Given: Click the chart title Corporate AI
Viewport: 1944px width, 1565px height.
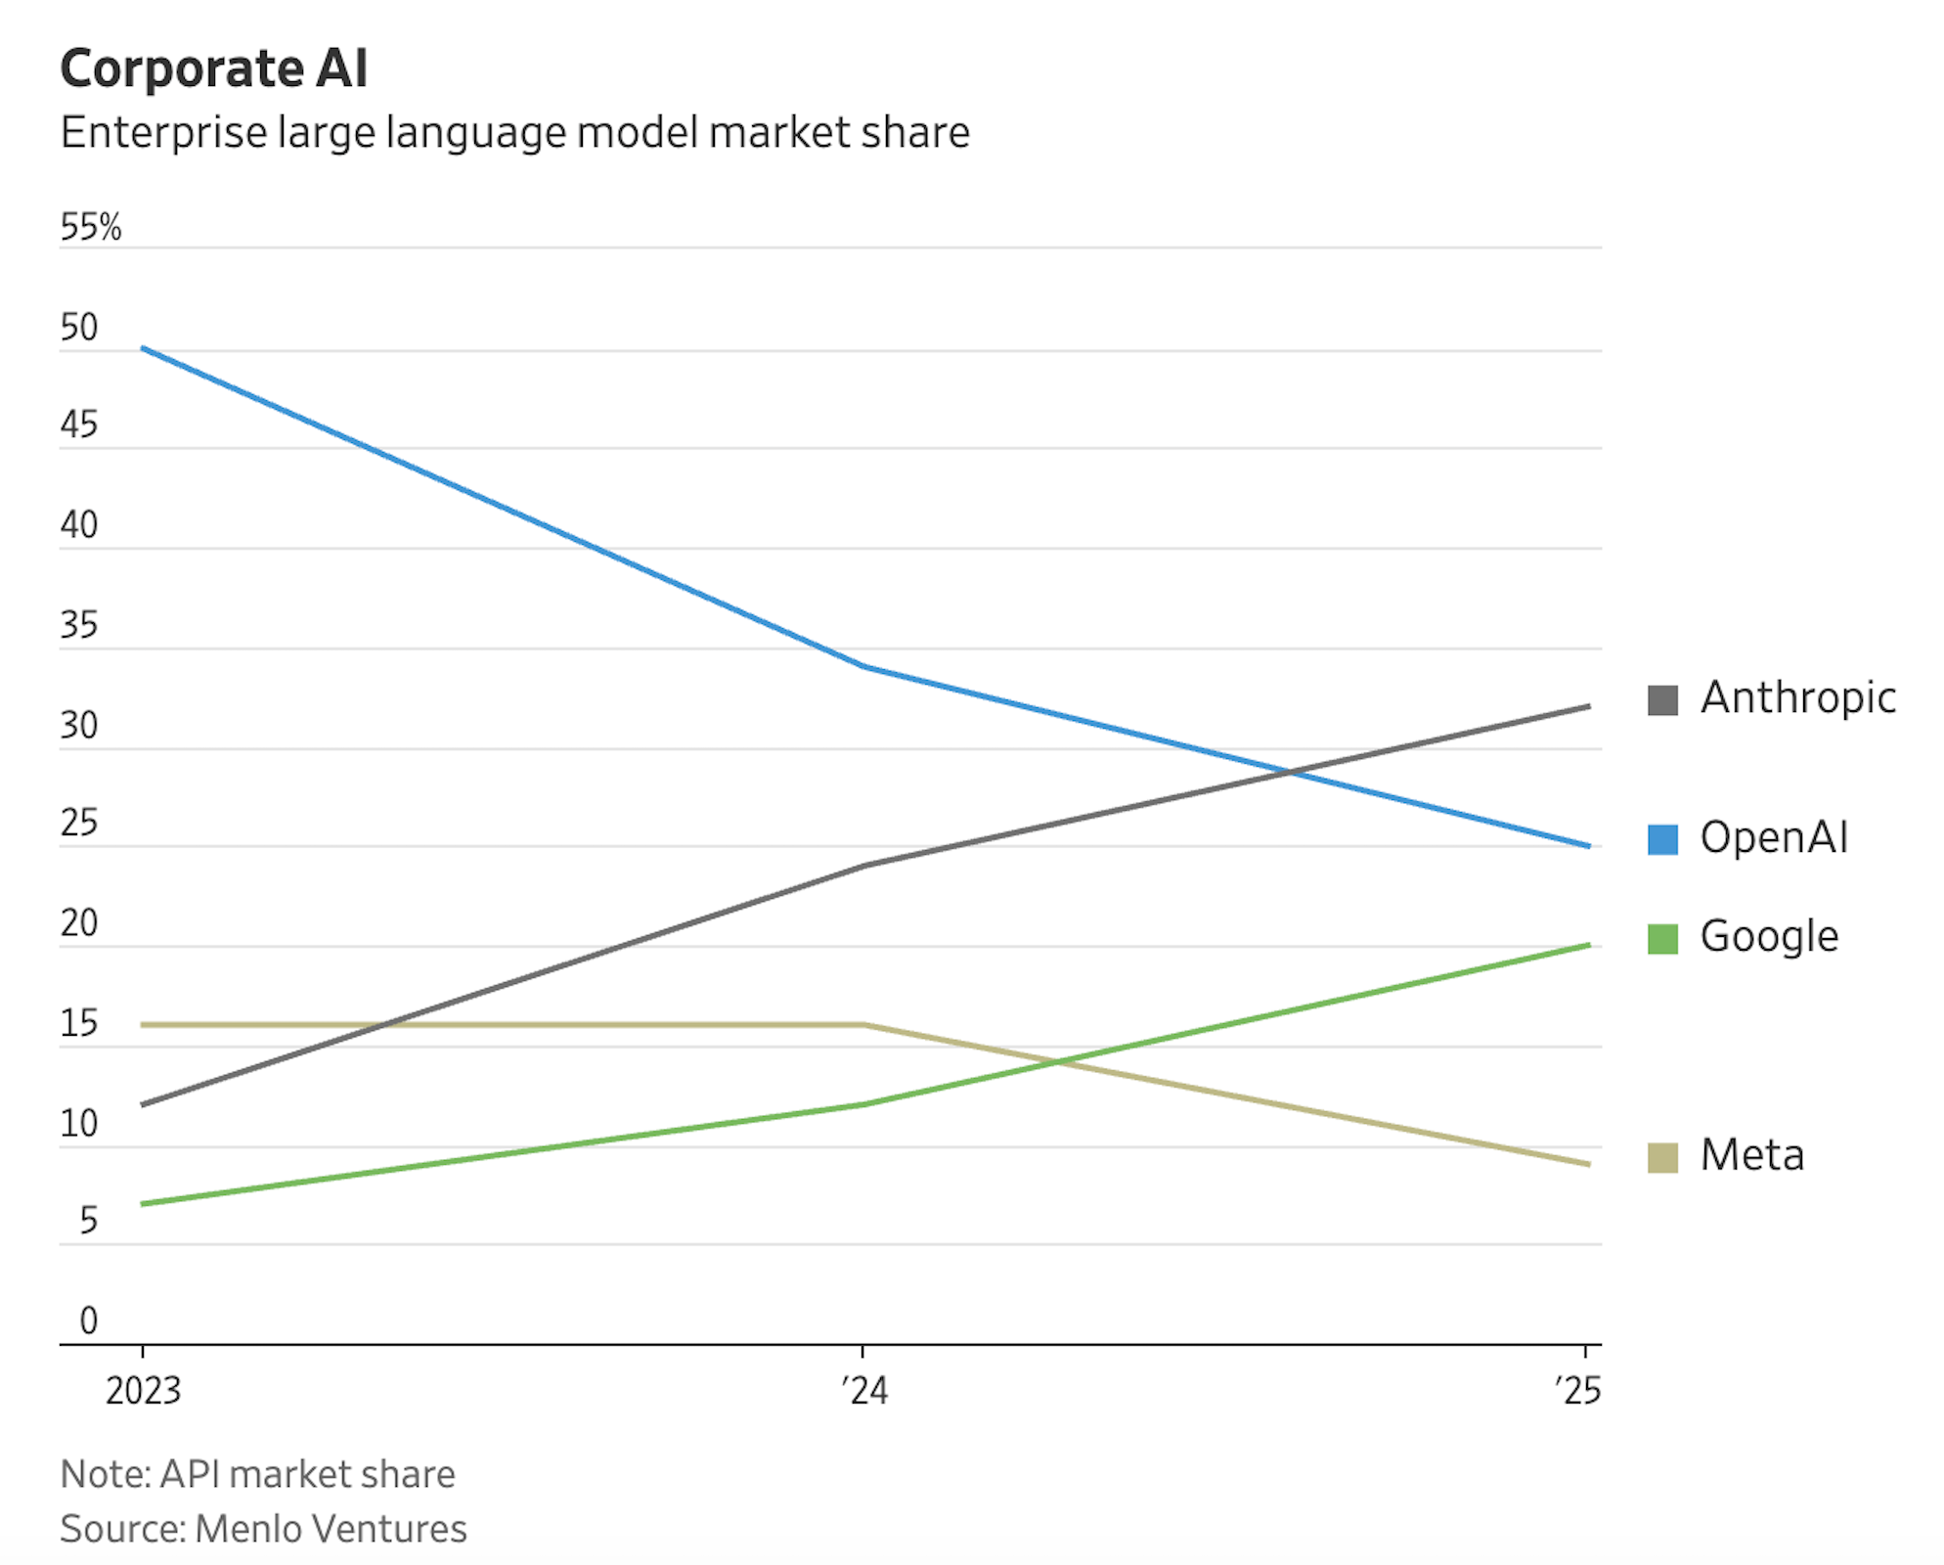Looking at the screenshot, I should click(213, 68).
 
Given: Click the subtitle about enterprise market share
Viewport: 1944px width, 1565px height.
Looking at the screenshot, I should click(514, 132).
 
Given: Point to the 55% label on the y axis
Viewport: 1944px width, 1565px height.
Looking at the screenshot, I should click(90, 227).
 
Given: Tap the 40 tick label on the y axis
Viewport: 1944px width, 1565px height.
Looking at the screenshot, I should click(78, 525).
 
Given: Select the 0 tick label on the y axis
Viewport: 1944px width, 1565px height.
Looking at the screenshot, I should click(88, 1320).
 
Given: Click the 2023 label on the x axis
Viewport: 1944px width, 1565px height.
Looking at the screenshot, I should click(143, 1390).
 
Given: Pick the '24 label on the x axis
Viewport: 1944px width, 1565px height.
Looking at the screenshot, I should click(864, 1390).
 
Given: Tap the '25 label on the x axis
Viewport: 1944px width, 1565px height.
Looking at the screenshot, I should click(1577, 1390).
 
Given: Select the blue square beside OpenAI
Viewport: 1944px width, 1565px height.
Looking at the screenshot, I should click(1662, 839).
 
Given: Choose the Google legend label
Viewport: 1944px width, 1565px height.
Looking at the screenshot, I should click(1769, 937).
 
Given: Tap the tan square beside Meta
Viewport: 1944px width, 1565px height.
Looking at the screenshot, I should click(1662, 1157).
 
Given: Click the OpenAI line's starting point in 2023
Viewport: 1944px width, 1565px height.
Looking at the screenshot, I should click(143, 348).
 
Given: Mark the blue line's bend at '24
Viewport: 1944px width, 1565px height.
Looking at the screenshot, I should click(864, 667).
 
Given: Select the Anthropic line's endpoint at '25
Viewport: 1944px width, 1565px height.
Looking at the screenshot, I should click(1588, 706).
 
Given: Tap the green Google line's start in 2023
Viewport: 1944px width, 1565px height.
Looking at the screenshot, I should click(143, 1203).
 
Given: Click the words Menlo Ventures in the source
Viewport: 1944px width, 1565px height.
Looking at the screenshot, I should click(331, 1529).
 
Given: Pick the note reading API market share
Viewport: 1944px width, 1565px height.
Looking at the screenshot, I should click(307, 1474).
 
